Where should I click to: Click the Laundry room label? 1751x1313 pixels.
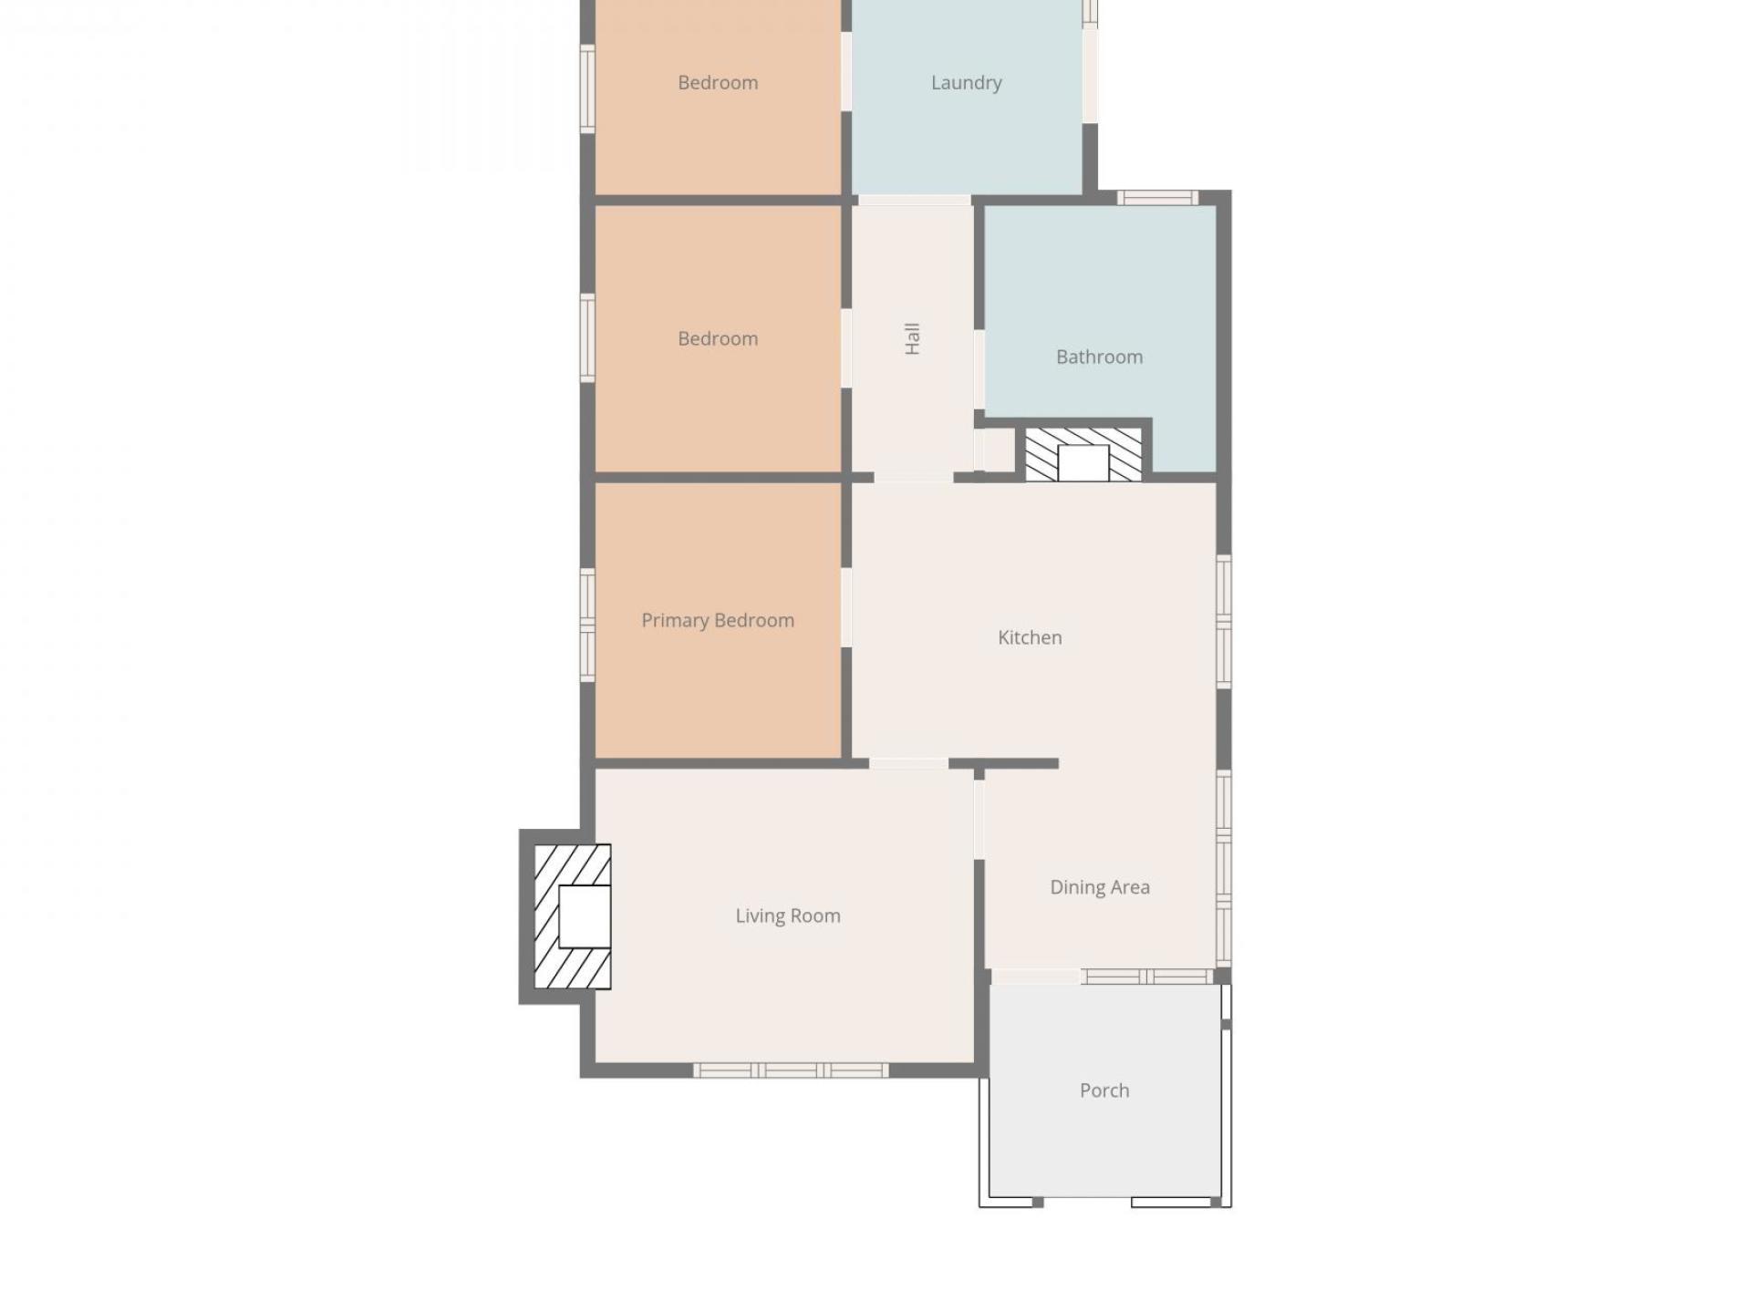click(966, 83)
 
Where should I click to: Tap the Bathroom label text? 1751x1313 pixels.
click(1099, 357)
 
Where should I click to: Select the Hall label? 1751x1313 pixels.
click(912, 338)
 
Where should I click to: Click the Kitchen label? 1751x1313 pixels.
click(1030, 637)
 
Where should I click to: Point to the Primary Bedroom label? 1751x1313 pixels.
click(718, 620)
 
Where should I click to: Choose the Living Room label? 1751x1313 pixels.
click(788, 915)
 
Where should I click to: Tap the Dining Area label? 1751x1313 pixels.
click(1100, 887)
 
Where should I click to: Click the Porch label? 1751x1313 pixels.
click(1104, 1091)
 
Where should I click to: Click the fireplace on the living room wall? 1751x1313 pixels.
click(573, 916)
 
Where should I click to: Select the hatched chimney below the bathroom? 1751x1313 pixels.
click(1083, 454)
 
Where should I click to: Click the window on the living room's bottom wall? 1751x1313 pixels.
click(791, 1070)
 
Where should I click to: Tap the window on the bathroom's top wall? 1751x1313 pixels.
click(1157, 197)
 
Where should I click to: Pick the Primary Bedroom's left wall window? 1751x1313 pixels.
click(588, 625)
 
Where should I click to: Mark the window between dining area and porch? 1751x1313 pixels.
click(1147, 977)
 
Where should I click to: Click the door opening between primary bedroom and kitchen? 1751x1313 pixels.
click(846, 606)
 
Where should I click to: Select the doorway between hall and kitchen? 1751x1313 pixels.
click(913, 477)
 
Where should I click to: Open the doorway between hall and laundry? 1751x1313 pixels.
click(914, 200)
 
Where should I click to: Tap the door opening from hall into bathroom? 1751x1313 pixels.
click(979, 369)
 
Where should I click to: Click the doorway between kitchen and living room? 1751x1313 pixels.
click(908, 763)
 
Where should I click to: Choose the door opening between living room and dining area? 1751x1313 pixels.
click(979, 819)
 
